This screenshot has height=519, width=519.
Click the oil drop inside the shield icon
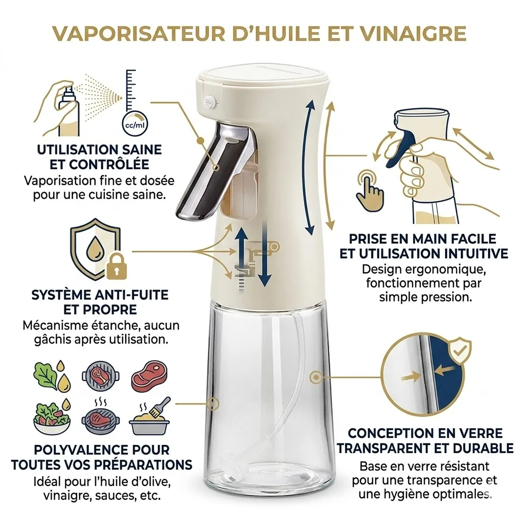95,248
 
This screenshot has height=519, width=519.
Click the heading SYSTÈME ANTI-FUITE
100,294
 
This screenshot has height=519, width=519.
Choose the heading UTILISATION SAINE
100,150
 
